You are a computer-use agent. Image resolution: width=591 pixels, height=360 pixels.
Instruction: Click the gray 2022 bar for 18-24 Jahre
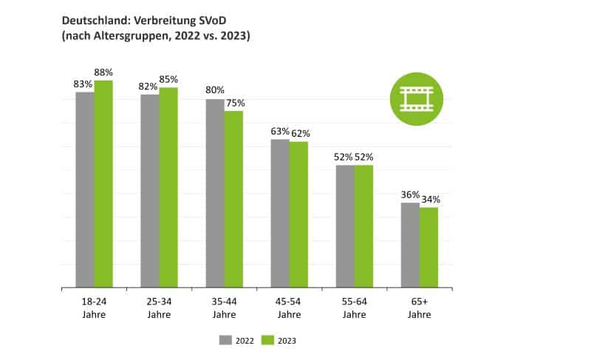point(85,189)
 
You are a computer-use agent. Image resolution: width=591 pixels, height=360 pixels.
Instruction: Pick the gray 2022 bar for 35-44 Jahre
point(215,193)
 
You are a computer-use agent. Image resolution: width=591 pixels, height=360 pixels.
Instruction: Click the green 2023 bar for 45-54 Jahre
point(298,214)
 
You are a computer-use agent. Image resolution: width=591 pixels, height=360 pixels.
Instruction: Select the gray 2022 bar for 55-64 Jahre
point(345,226)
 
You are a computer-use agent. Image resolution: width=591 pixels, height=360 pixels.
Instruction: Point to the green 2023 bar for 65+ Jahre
point(428,247)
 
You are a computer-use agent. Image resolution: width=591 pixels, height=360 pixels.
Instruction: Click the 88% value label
point(104,72)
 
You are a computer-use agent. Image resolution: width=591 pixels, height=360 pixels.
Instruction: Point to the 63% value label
point(280,132)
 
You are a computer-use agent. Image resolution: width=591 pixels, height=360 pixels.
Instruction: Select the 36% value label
point(410,194)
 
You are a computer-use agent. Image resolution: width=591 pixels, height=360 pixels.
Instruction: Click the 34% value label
point(431,200)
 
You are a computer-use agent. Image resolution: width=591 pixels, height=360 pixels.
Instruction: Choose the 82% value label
point(149,86)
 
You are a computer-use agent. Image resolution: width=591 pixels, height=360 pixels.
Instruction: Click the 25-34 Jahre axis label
point(159,309)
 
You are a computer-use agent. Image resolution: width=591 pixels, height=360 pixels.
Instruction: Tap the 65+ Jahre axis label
point(419,309)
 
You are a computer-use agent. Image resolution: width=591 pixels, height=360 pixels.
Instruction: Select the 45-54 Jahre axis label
point(289,309)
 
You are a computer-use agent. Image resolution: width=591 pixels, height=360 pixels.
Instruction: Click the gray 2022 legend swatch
point(225,340)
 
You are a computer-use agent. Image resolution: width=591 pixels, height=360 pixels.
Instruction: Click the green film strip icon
point(416,98)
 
